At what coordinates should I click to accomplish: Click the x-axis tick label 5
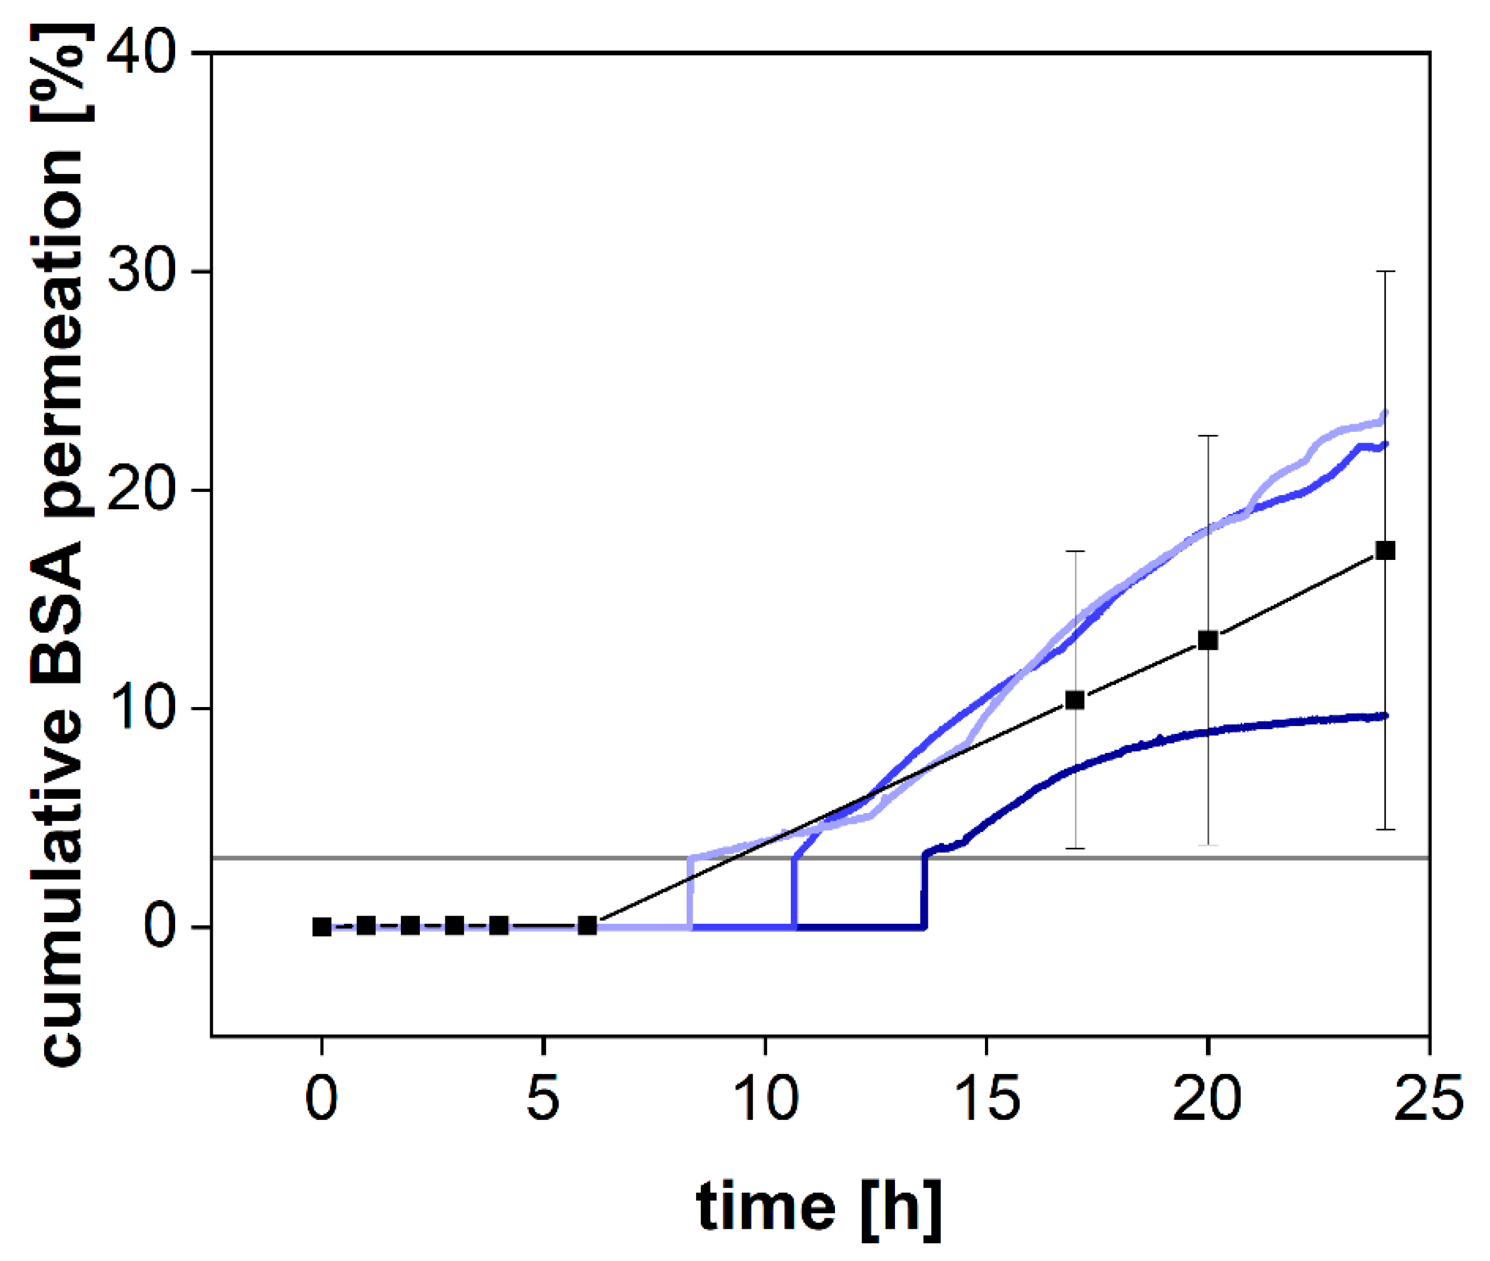point(543,1099)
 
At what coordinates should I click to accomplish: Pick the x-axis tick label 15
point(986,1099)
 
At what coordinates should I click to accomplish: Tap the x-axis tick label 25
point(1429,1099)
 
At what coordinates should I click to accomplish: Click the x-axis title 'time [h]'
point(818,1207)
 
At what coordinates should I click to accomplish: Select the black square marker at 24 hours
point(1386,550)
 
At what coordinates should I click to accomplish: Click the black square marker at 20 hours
point(1208,640)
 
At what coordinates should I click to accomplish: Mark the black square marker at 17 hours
point(1075,700)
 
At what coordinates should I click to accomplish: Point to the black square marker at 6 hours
point(587,926)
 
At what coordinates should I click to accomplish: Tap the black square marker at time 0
point(322,927)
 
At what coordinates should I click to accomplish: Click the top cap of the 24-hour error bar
point(1386,272)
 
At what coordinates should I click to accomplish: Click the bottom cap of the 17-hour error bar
point(1075,849)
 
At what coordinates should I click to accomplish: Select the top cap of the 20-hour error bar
point(1208,435)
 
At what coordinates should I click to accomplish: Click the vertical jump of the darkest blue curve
point(924,890)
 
